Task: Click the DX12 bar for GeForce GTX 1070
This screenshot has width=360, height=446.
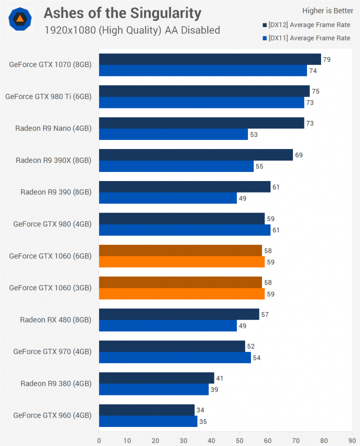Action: click(210, 59)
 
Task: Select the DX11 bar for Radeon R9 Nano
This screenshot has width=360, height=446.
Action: click(173, 134)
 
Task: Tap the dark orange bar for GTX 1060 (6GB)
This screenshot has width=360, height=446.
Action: click(180, 250)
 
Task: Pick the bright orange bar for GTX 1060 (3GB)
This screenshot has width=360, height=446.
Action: click(182, 294)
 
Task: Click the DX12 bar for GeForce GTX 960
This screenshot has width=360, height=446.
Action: click(147, 410)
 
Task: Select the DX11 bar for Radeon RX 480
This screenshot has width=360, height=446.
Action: click(168, 326)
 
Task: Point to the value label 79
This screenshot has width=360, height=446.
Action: click(326, 59)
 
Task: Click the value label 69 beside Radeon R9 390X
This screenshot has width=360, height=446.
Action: click(298, 155)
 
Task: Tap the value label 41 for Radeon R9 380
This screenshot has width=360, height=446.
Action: click(220, 378)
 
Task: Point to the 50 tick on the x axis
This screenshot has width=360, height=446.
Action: click(239, 440)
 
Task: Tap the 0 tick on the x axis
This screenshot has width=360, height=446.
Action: click(99, 440)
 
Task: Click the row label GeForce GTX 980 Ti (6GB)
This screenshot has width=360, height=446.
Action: click(48, 97)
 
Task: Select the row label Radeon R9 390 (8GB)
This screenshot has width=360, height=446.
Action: click(56, 192)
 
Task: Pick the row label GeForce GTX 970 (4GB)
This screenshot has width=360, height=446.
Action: click(52, 351)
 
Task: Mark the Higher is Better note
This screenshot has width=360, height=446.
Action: click(327, 11)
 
